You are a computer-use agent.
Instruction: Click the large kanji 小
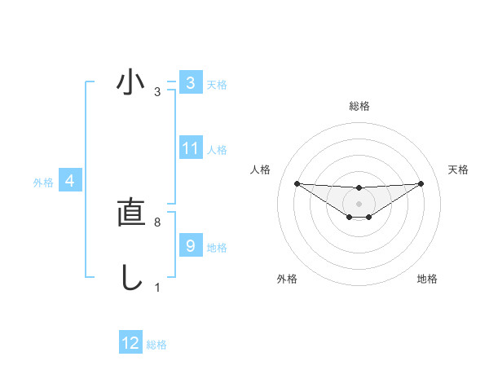tap(130, 83)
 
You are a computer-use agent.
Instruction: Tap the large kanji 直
tap(130, 213)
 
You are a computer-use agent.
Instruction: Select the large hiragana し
tap(130, 277)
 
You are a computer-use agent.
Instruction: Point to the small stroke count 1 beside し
tap(157, 288)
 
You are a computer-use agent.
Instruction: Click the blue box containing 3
tap(190, 83)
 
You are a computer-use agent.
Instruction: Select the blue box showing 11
tap(190, 148)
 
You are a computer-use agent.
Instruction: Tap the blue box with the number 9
tap(190, 245)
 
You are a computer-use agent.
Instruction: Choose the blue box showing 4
tap(70, 181)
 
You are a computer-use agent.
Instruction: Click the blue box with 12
tap(130, 343)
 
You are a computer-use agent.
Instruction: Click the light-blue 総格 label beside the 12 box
tap(156, 345)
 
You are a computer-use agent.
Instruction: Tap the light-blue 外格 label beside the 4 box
tap(43, 183)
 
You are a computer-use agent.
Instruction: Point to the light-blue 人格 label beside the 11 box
tap(217, 150)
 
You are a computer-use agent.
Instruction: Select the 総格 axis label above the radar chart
tap(359, 107)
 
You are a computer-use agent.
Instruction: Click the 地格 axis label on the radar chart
tap(427, 279)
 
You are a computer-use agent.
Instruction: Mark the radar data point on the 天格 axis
tap(421, 183)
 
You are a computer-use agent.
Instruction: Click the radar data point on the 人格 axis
tap(297, 183)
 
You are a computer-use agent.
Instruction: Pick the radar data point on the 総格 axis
tap(359, 187)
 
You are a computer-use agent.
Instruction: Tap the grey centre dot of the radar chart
tap(359, 203)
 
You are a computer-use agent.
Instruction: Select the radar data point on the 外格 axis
tap(349, 217)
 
